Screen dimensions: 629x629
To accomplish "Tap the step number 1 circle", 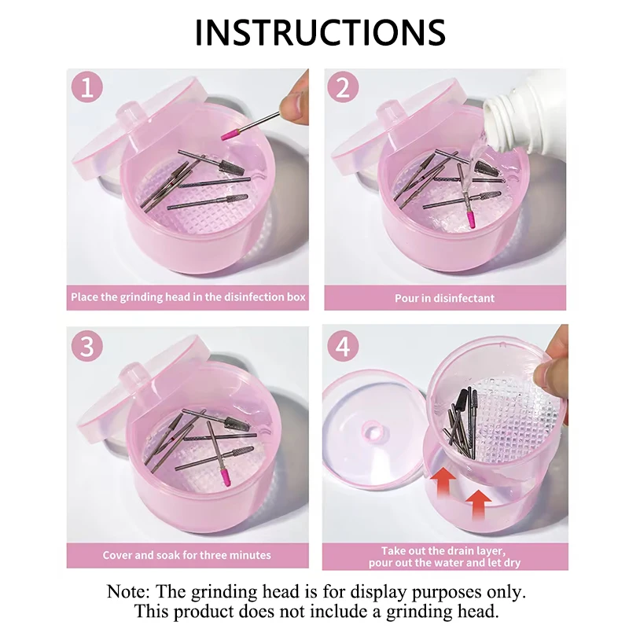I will tap(87, 87).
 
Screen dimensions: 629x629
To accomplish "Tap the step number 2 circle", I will tap(343, 87).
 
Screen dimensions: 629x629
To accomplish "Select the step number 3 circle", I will tap(87, 346).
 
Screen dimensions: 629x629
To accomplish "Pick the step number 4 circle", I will tap(343, 346).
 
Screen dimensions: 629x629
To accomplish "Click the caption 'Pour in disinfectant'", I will tap(444, 298).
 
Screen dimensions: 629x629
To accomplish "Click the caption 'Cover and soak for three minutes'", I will tap(186, 555).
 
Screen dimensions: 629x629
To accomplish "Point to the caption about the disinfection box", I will tap(186, 298).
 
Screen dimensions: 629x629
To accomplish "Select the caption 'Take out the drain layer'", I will tap(444, 551).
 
